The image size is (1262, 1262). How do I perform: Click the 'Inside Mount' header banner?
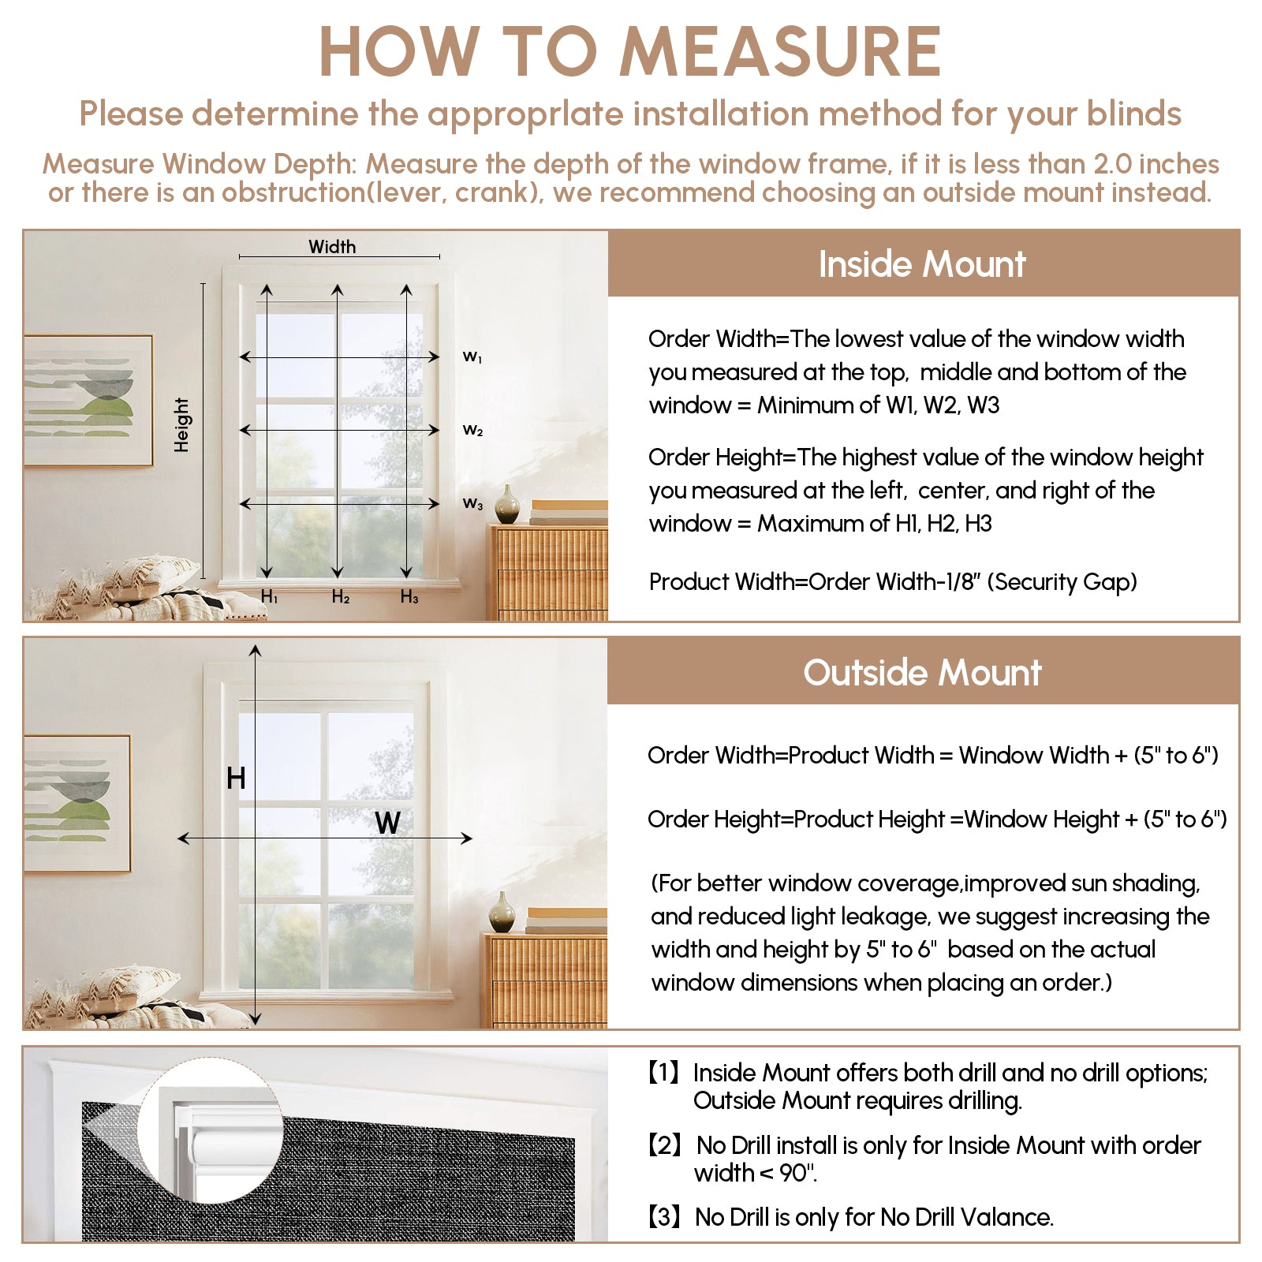coord(922,264)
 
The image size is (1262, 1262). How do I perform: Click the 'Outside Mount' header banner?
coord(922,673)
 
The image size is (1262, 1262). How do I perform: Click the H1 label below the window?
coord(269,597)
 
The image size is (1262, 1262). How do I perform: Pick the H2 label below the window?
coord(340,597)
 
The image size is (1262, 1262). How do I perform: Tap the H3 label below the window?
coord(409,597)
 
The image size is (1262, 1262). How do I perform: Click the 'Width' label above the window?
coord(332,247)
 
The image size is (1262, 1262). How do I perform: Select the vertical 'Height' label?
coord(182,424)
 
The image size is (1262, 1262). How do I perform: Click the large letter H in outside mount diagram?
coord(236,778)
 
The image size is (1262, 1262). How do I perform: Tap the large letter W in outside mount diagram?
coord(387,823)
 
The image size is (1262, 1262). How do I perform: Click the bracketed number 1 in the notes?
coord(663,1073)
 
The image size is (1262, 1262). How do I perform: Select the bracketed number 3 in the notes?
coord(663,1217)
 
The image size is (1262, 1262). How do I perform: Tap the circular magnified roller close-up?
coord(211,1136)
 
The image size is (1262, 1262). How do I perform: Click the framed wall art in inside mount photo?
coord(88,400)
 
